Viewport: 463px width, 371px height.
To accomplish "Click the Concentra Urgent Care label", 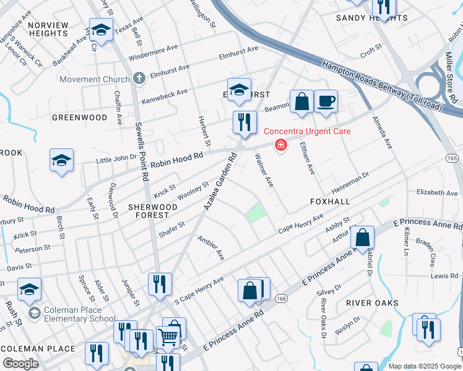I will pos(307,131).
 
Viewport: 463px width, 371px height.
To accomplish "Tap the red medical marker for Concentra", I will pos(280,145).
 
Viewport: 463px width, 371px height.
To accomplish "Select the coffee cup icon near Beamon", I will pos(326,101).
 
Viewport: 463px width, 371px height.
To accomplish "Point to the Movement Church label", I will pos(95,79).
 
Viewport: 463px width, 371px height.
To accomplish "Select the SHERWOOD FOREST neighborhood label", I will pos(149,210).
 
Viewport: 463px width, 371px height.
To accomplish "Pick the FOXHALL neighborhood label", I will pos(330,202).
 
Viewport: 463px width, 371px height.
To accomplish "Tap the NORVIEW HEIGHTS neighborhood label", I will pos(48,29).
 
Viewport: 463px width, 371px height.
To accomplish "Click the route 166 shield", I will pos(282,299).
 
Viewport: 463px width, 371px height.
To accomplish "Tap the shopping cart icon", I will pos(168,337).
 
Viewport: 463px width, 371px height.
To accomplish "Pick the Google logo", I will pos(20,364).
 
